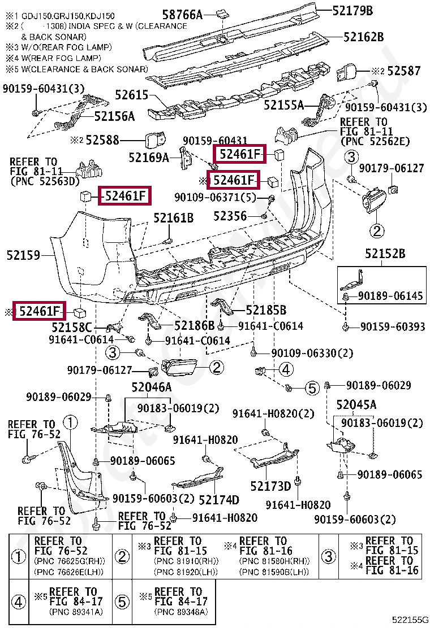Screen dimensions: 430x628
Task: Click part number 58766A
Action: click(x=183, y=15)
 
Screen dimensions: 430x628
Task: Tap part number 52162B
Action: click(x=364, y=37)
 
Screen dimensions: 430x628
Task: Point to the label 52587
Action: click(x=404, y=71)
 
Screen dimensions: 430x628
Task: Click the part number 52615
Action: click(x=132, y=95)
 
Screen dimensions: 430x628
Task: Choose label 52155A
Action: click(x=283, y=105)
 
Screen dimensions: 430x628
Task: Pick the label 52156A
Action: click(x=115, y=116)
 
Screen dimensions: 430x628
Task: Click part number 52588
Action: click(x=102, y=140)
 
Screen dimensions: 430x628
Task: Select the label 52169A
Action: click(x=148, y=158)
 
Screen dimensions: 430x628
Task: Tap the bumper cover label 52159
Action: click(x=23, y=255)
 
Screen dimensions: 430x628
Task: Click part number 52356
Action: click(x=230, y=216)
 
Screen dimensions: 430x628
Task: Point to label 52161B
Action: click(x=174, y=218)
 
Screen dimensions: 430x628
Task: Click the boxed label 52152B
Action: click(x=385, y=254)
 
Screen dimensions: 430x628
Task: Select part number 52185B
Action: click(x=266, y=310)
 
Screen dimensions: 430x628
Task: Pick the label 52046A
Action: click(x=152, y=387)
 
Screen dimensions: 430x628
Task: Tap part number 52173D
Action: click(x=270, y=486)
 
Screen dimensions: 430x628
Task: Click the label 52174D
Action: click(x=219, y=499)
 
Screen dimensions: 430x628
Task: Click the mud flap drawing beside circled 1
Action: click(x=80, y=477)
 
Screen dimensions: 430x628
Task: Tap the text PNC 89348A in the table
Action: click(x=181, y=612)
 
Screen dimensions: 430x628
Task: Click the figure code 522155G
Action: click(x=410, y=620)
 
